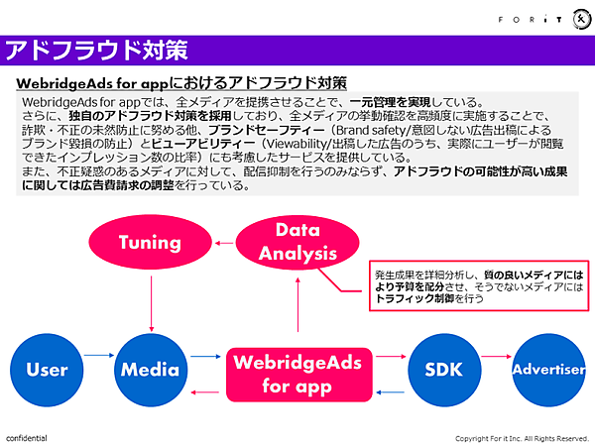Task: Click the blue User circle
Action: point(47,370)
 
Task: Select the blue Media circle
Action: point(150,370)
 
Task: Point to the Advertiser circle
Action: point(548,370)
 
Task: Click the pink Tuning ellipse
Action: point(150,242)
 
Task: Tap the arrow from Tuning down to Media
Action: point(150,302)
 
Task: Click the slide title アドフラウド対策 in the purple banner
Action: point(96,50)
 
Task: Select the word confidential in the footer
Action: point(27,437)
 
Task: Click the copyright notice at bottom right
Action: point(522,438)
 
